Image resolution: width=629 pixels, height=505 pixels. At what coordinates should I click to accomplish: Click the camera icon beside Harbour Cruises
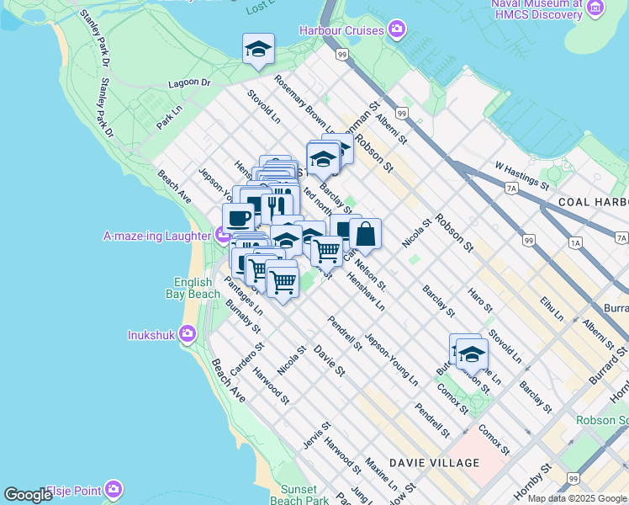pos(397,31)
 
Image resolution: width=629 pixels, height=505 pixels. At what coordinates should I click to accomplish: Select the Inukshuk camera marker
pos(187,334)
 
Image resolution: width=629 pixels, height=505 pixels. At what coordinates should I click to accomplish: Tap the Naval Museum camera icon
pos(595,10)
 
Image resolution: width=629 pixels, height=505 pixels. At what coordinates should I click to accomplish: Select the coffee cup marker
pos(238,219)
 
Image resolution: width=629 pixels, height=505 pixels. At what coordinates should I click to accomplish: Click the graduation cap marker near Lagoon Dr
pos(258,50)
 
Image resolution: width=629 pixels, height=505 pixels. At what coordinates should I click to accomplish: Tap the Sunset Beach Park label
pos(299,495)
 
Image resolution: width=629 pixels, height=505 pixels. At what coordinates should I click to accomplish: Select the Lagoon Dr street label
pos(189,82)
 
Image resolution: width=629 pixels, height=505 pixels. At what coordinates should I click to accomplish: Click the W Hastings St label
pos(521,177)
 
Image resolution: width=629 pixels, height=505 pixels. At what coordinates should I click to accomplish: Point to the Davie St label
pos(329,359)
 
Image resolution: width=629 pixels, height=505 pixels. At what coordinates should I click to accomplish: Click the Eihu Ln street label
pos(552,306)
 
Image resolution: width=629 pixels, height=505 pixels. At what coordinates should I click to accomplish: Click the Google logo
pos(28,495)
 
